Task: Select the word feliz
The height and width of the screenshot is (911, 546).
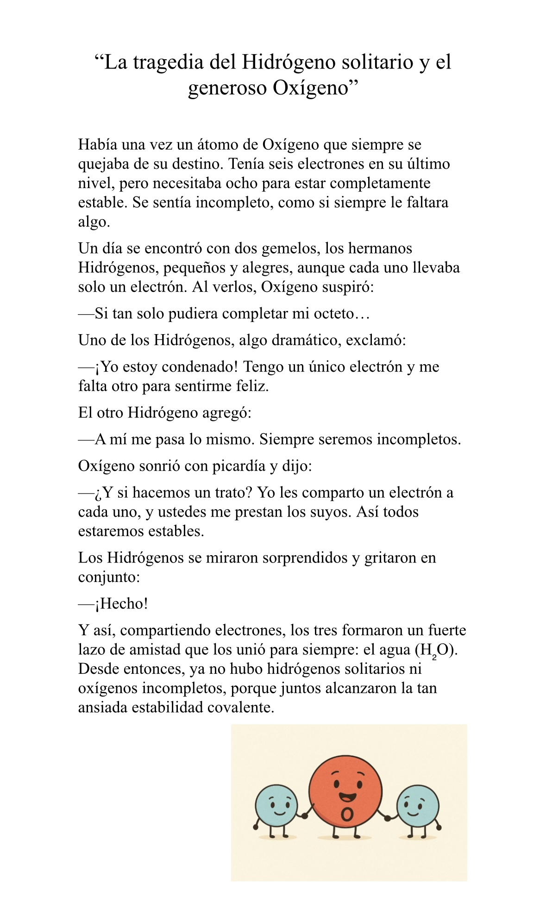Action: tap(253, 386)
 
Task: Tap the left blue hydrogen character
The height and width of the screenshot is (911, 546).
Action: tap(276, 805)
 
